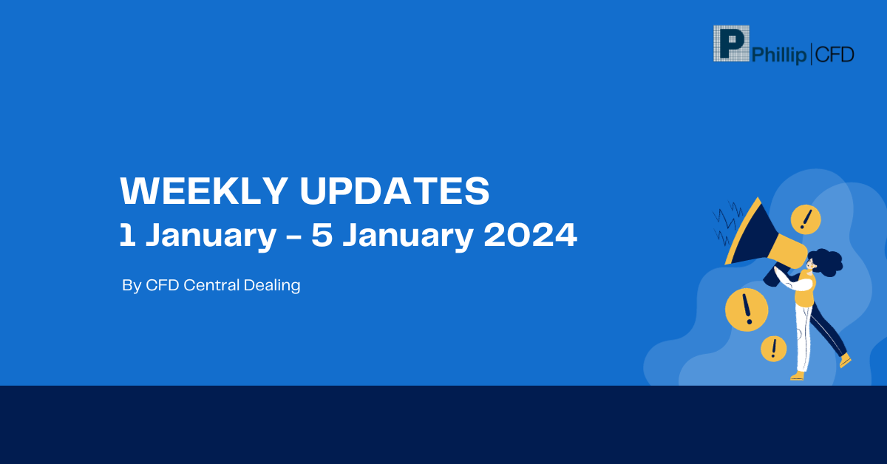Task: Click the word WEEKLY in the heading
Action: coord(204,191)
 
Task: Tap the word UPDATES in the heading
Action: coord(395,191)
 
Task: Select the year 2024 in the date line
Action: coord(530,235)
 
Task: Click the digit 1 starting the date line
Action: coord(126,235)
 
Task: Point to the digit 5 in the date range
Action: coord(322,235)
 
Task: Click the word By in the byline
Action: coord(132,286)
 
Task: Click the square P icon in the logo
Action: coord(731,44)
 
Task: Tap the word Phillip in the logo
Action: coord(778,55)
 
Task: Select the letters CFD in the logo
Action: coord(835,55)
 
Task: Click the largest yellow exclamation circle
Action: coord(747,310)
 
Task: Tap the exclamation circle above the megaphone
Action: coord(806,219)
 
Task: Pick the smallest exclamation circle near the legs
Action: coord(773,349)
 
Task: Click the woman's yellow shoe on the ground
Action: coord(798,375)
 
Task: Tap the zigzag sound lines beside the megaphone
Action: coord(727,222)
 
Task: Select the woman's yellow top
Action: coord(806,289)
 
